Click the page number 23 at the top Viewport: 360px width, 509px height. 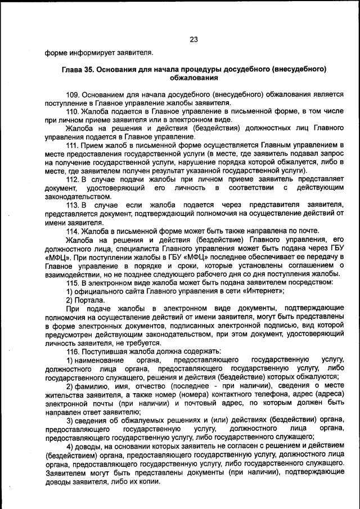tap(194, 39)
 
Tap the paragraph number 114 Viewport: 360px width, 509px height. tap(73, 231)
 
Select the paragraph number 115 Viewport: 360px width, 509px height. tap(73, 282)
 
